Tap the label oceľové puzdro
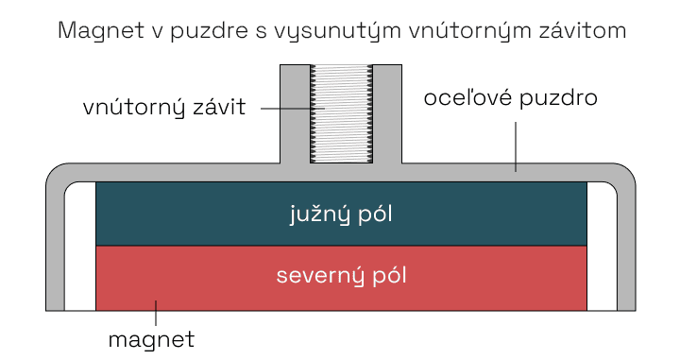[511, 98]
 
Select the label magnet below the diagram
[151, 337]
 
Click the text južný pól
[340, 214]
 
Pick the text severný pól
[340, 276]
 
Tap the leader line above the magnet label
[157, 314]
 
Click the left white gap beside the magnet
[79, 248]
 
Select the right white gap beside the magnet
[602, 248]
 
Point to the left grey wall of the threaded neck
[295, 113]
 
